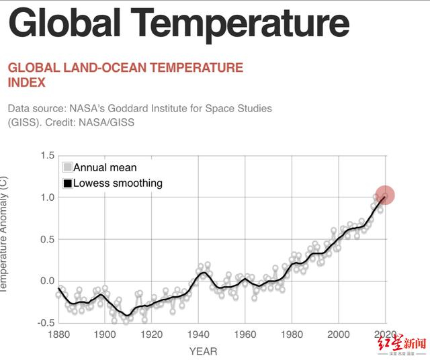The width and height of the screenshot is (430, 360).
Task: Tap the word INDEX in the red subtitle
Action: (x=27, y=83)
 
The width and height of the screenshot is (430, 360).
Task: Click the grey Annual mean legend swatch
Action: (x=67, y=167)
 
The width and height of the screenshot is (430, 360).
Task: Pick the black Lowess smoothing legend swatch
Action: (x=67, y=183)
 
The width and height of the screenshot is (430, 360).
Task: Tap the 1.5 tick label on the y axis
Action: (x=47, y=156)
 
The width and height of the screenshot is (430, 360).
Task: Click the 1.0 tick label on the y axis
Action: (x=47, y=197)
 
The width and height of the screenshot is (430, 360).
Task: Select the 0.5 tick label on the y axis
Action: (x=47, y=239)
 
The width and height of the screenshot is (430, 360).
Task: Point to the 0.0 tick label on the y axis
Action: (x=47, y=281)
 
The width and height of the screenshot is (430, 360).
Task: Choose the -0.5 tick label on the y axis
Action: (x=45, y=322)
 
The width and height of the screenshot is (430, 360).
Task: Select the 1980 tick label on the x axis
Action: (x=292, y=335)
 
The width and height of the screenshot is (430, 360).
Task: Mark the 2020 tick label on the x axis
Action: (x=385, y=335)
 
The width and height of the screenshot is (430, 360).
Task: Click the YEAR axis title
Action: (x=203, y=351)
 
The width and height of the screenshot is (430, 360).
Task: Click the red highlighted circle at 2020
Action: (x=385, y=195)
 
